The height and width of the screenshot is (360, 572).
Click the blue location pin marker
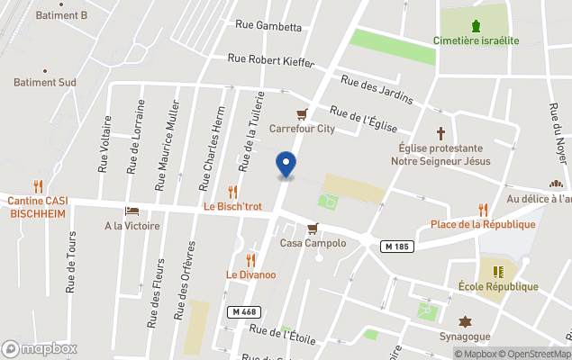point(286,165)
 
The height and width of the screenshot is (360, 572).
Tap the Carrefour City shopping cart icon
point(303,114)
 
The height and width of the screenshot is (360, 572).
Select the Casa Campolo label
point(313,243)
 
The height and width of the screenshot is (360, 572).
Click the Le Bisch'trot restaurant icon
point(232,192)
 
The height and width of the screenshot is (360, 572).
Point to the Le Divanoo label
point(250,274)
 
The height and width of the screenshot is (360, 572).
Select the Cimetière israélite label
point(476,40)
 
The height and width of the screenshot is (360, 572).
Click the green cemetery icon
point(476,24)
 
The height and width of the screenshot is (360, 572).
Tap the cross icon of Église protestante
point(441,132)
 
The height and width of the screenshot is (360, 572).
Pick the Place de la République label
point(483,224)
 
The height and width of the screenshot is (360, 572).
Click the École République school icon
point(498,271)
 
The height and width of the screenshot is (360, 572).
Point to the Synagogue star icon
point(466,321)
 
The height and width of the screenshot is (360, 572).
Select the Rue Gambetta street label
point(267,26)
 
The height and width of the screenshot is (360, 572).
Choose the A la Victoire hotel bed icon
point(132,211)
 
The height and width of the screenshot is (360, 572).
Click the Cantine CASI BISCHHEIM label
point(38,206)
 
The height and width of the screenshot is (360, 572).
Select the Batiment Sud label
point(44,82)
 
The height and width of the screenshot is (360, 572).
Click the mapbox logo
point(40,348)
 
